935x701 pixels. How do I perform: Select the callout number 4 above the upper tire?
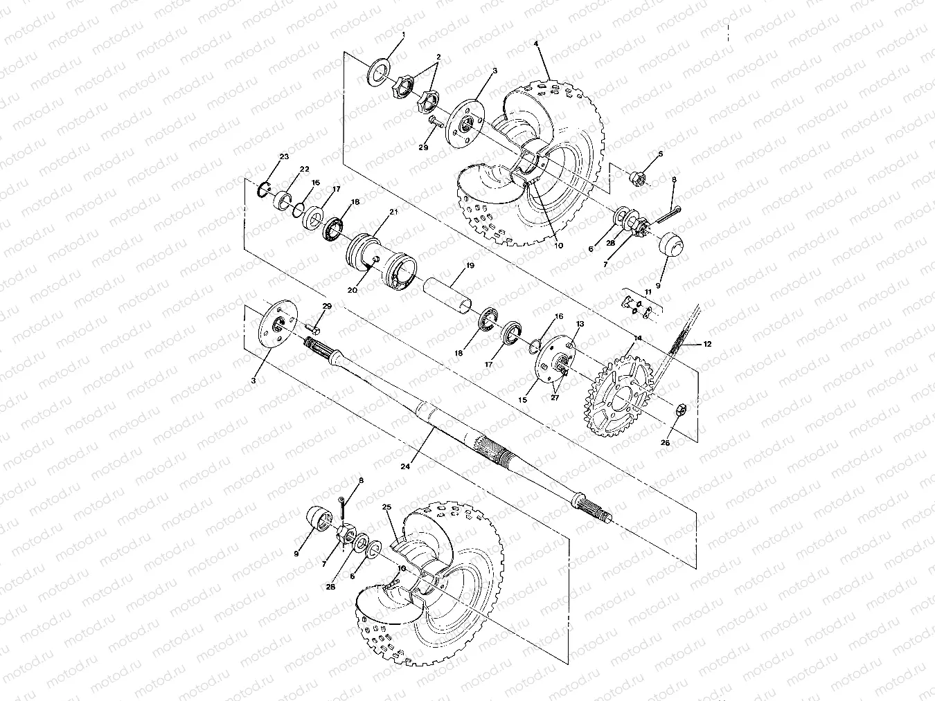[x=535, y=43]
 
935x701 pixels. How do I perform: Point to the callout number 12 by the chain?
[x=708, y=343]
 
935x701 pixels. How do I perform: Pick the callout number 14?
[x=638, y=338]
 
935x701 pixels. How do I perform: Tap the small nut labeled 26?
[x=680, y=411]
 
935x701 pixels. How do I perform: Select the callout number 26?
[x=666, y=443]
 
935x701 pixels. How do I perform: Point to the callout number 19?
[x=470, y=265]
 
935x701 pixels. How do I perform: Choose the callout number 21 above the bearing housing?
[x=393, y=212]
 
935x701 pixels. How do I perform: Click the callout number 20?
[x=353, y=291]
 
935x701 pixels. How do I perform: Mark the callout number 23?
[x=284, y=156]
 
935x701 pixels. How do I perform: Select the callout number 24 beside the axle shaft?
[x=404, y=466]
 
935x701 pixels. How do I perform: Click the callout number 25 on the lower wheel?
[x=387, y=507]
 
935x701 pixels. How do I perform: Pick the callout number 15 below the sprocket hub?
[x=523, y=399]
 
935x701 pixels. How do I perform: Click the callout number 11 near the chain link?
[x=649, y=293]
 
